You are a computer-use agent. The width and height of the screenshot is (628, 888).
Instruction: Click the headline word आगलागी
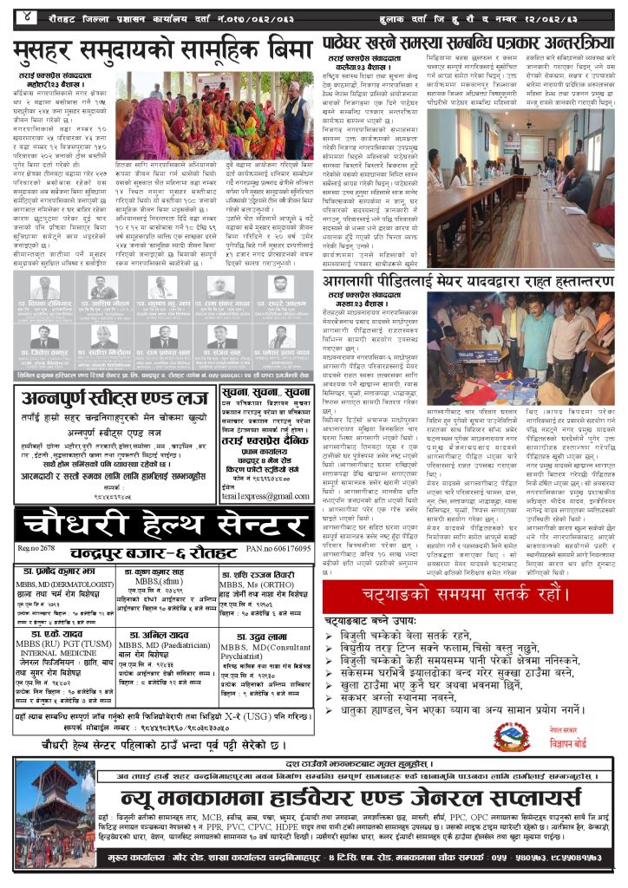pos(355,284)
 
